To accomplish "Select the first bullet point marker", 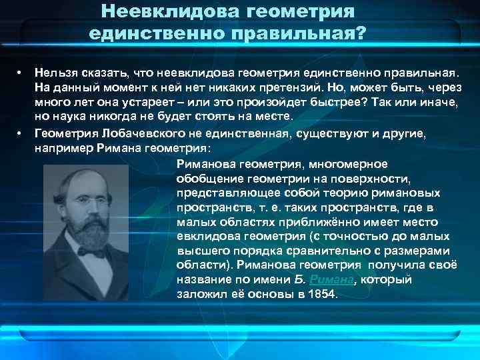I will [21, 70].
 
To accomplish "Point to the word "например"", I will [62, 148].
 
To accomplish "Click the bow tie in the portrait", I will [91, 253].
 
